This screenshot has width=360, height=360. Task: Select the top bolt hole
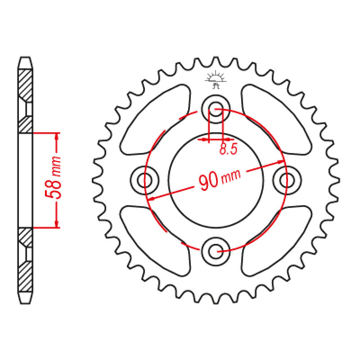215,108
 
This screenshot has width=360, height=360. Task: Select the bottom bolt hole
215,250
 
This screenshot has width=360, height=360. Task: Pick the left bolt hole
145,180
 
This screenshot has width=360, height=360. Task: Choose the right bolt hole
286,180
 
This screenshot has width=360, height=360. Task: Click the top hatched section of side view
26,85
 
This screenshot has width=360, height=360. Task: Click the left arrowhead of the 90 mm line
152,198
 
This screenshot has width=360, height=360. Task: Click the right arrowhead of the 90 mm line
279,162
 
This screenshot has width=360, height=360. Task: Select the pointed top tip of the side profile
26,58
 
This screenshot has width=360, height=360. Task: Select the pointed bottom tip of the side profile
26,301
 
